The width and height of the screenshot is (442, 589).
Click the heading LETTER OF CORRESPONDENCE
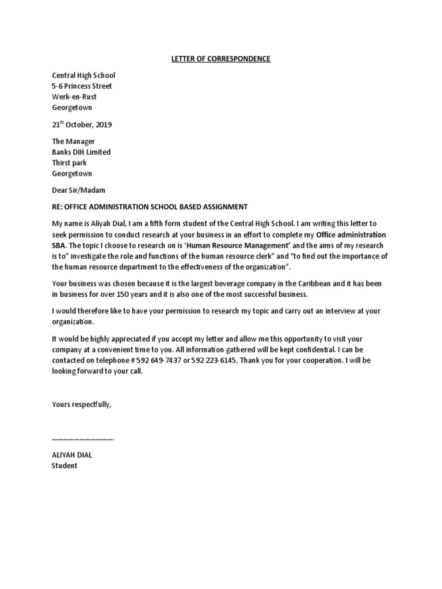pyautogui.click(x=221, y=59)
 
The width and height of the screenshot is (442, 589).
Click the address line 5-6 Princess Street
pyautogui.click(x=82, y=86)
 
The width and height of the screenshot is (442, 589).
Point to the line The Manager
pyautogui.click(x=74, y=141)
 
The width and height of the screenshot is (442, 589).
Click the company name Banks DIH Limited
pyautogui.click(x=81, y=152)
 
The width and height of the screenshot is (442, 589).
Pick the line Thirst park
pyautogui.click(x=69, y=163)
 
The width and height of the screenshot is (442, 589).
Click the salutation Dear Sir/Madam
pyautogui.click(x=79, y=190)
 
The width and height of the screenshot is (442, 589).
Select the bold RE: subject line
pyautogui.click(x=150, y=206)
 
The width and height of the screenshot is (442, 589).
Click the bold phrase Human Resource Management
pyautogui.click(x=241, y=246)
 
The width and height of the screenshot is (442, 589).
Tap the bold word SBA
pyautogui.click(x=59, y=246)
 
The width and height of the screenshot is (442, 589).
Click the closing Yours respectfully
pyautogui.click(x=81, y=404)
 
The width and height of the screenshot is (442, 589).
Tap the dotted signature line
pyautogui.click(x=83, y=439)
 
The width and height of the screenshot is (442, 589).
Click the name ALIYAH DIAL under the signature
pyautogui.click(x=72, y=455)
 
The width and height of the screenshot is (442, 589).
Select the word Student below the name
pyautogui.click(x=64, y=466)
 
